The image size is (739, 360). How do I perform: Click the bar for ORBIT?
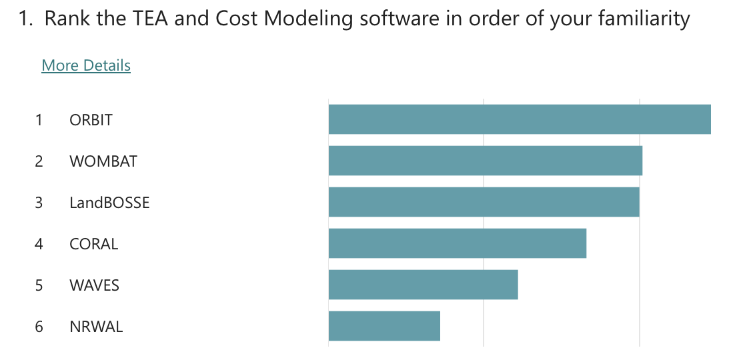[520, 119]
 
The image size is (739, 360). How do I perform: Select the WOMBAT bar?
[485, 161]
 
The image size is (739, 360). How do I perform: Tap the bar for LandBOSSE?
[484, 202]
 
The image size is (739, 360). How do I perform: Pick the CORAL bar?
[457, 243]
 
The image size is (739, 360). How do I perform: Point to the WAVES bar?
[423, 285]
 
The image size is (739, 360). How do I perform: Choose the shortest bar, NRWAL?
[384, 326]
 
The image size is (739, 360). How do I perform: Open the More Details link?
[86, 65]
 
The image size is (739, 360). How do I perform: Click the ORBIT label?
[91, 120]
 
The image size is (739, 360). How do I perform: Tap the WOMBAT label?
[103, 161]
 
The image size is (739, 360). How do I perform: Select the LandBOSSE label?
[109, 203]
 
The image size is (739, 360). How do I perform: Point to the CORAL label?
[93, 244]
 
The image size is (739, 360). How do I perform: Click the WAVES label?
[94, 285]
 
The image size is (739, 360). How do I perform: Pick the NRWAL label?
[96, 327]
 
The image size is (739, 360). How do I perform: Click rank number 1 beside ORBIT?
[39, 120]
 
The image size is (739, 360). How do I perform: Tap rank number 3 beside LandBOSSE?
[39, 203]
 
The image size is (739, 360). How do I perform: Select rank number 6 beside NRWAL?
[39, 327]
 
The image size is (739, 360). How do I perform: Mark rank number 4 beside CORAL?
[39, 244]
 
